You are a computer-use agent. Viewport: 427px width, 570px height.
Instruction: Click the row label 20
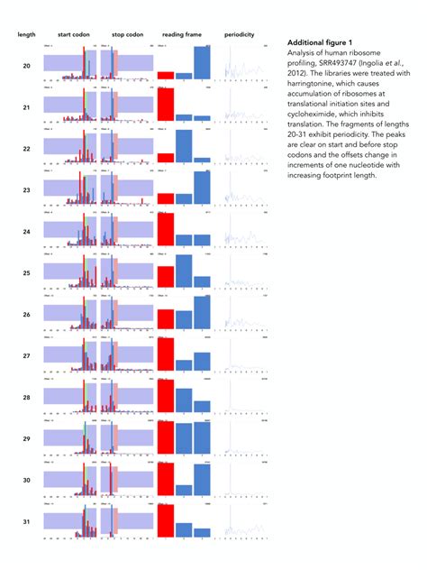pyautogui.click(x=26, y=66)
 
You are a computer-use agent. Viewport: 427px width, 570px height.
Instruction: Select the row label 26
pyautogui.click(x=26, y=315)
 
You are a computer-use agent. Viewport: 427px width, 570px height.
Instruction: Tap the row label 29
pyautogui.click(x=26, y=439)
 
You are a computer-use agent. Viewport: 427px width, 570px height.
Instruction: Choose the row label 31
pyautogui.click(x=26, y=522)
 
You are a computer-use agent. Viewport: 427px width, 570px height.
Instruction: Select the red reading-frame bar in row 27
pyautogui.click(x=166, y=354)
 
